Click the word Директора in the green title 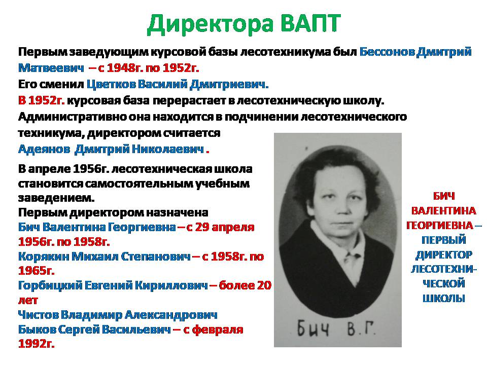click(x=210, y=24)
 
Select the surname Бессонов click(x=387, y=52)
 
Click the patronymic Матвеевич click(x=51, y=67)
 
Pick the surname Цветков click(x=111, y=84)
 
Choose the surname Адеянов click(x=44, y=149)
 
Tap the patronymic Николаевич click(x=168, y=149)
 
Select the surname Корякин click(x=44, y=257)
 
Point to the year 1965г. click(x=37, y=271)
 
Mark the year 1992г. click(x=37, y=344)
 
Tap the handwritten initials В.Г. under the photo click(x=360, y=330)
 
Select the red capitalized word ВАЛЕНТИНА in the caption click(x=443, y=211)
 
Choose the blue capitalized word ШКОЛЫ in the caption click(x=443, y=298)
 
